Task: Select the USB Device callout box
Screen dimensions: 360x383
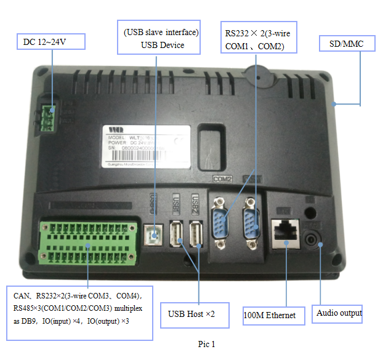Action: tap(162, 38)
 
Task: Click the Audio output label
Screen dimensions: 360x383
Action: tap(338, 313)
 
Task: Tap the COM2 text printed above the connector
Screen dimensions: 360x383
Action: tap(221, 179)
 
